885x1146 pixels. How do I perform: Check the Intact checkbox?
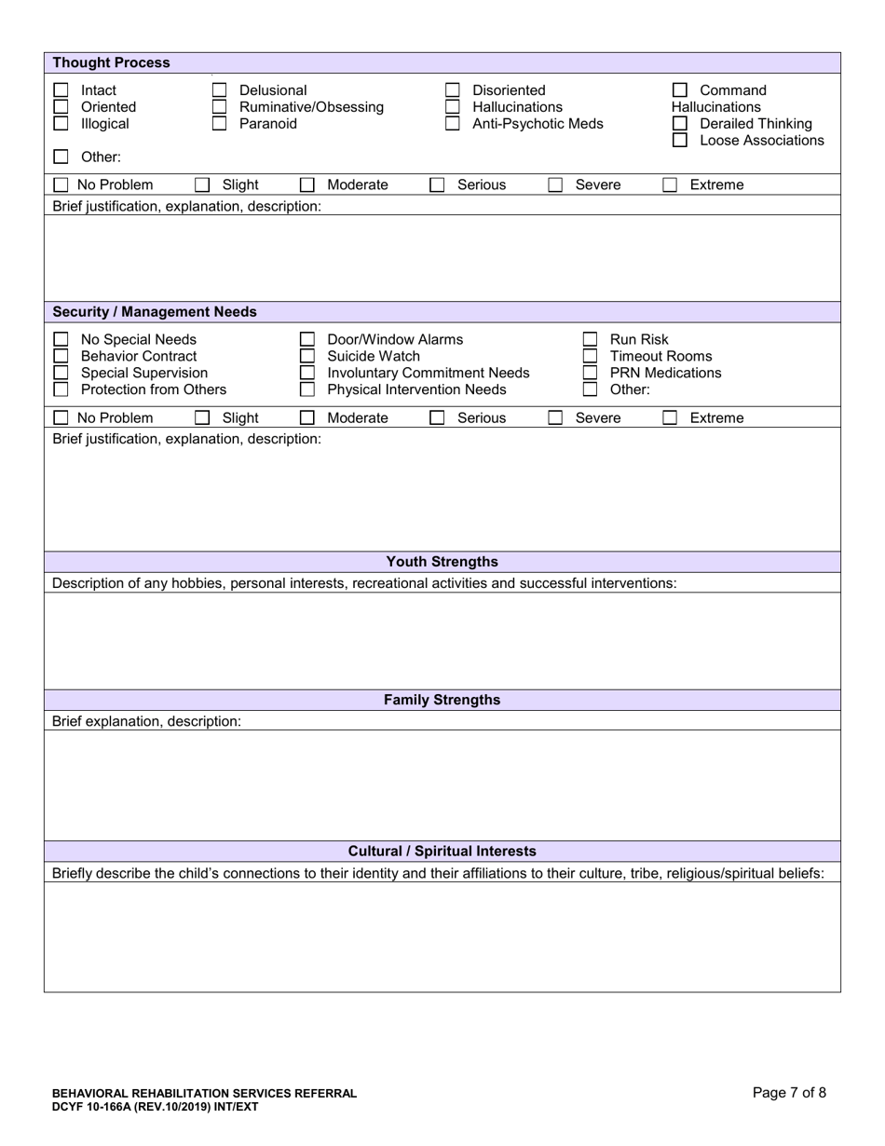61,90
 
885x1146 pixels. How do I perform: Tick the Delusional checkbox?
220,90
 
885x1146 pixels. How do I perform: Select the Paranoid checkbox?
220,124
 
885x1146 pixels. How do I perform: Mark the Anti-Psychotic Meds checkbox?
453,124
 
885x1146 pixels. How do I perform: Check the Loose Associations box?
680,141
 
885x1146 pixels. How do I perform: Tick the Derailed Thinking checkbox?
680,124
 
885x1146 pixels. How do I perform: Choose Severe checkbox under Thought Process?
555,185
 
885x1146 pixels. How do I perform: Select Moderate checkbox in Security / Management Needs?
307,418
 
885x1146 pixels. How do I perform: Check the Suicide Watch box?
307,356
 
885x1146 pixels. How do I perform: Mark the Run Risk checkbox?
590,339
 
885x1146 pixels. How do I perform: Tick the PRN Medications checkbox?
590,373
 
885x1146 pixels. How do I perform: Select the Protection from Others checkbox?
61,389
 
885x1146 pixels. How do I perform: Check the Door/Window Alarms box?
307,339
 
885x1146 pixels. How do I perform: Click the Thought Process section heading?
111,62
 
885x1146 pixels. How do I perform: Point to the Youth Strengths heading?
442,562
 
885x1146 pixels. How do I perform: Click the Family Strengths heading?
442,701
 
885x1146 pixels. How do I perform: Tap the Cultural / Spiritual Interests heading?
442,852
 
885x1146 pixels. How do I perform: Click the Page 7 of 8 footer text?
788,1093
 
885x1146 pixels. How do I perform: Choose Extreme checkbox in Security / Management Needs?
670,418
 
